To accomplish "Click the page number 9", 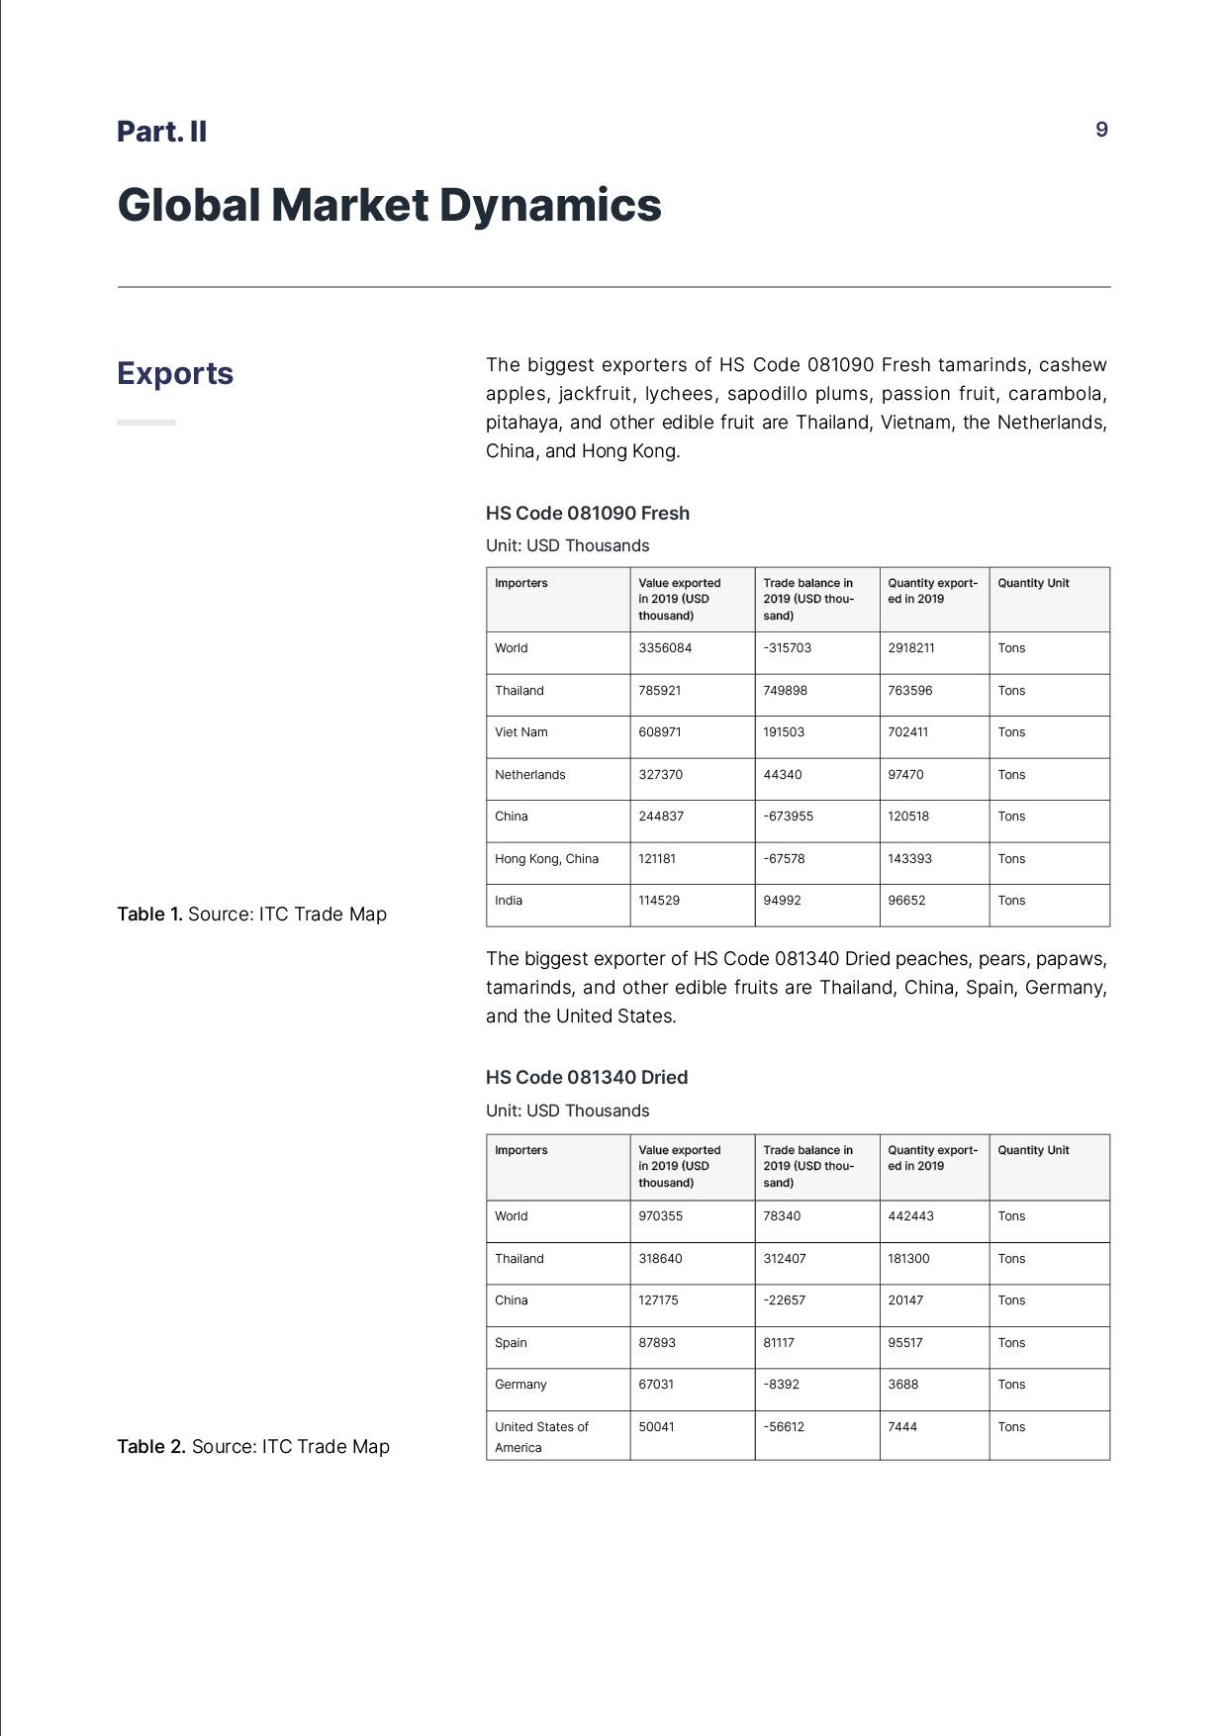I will [1101, 130].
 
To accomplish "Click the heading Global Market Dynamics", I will [389, 205].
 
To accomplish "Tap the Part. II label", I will [161, 131].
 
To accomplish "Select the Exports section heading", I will [175, 373].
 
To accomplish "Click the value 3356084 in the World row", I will [665, 648].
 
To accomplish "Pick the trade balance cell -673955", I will [788, 817].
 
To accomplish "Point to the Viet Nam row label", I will [520, 732].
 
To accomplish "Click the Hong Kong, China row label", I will [546, 859].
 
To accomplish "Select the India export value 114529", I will [659, 901].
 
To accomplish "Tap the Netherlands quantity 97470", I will [905, 775].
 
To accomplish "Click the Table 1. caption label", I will [150, 914].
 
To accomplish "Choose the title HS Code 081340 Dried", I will [586, 1077].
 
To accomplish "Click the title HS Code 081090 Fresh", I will [587, 513].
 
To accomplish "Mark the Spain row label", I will [511, 1343].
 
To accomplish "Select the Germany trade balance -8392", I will [782, 1385].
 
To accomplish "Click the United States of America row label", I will [541, 1436].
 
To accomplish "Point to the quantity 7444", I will [902, 1427].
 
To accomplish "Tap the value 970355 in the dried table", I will [660, 1216].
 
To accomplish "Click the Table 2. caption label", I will [151, 1446].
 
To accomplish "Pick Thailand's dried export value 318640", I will [660, 1259].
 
